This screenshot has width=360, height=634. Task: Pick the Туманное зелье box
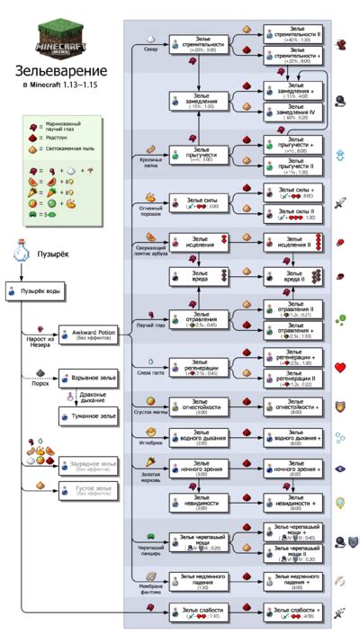click(88, 416)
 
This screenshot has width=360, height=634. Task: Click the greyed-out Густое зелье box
click(88, 490)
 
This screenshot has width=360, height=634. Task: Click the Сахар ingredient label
click(150, 49)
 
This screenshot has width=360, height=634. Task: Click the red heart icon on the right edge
click(341, 367)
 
